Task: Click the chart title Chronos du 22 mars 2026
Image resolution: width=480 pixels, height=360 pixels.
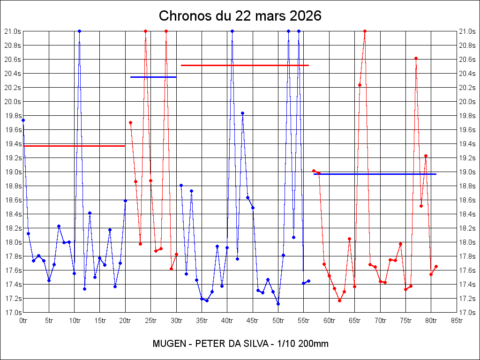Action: click(240, 16)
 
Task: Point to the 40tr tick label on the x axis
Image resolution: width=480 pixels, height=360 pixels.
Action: click(227, 320)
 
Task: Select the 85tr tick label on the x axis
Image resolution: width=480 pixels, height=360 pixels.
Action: click(457, 320)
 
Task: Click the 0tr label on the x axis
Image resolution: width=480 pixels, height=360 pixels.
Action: click(23, 320)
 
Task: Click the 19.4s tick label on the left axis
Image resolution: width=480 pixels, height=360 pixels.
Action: click(13, 143)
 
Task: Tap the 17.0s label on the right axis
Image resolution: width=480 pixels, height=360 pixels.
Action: click(467, 312)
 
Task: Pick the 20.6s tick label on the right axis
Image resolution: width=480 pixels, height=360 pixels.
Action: click(467, 59)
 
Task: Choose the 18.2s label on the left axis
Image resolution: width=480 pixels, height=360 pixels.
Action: click(13, 228)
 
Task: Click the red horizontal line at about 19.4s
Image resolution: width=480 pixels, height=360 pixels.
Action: click(74, 146)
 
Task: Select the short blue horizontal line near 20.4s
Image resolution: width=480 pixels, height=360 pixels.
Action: click(153, 77)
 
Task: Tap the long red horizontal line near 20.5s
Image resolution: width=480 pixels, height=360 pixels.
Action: click(245, 65)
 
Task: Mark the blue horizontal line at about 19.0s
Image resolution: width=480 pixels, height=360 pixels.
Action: click(375, 174)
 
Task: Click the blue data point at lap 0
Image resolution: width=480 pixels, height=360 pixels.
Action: click(23, 120)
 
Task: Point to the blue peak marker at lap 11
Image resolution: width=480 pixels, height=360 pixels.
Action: click(80, 31)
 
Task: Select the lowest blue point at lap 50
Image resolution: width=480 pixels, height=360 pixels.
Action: click(278, 304)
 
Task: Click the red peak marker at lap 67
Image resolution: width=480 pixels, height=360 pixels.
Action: click(365, 31)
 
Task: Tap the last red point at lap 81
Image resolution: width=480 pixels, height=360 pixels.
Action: click(436, 266)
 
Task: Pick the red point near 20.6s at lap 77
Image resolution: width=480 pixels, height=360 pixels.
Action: click(416, 58)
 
